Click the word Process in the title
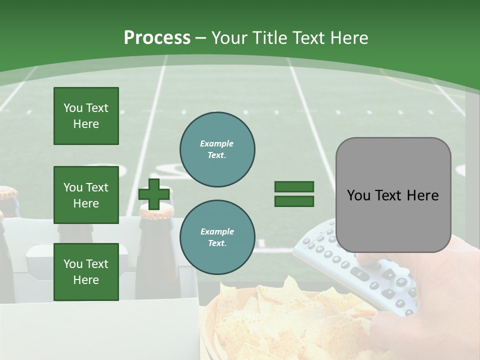(x=157, y=38)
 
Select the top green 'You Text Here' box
(x=86, y=116)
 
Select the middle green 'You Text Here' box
(x=86, y=195)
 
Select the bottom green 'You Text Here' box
(x=86, y=271)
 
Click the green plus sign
(x=153, y=194)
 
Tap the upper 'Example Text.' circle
(x=217, y=149)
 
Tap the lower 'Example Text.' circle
(x=217, y=237)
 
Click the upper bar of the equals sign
(x=294, y=187)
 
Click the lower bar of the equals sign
(x=294, y=201)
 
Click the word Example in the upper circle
(x=217, y=143)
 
